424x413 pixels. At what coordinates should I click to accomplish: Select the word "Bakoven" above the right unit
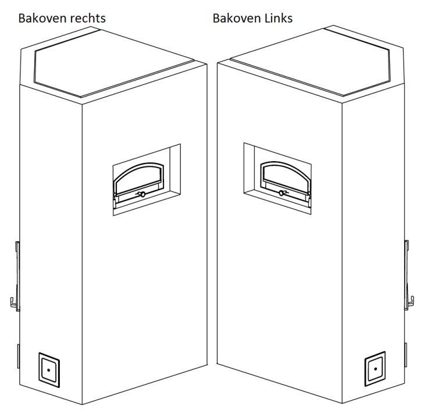tap(234, 18)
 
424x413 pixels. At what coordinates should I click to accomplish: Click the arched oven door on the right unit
tap(284, 177)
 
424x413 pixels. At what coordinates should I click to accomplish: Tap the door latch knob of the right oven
tap(282, 193)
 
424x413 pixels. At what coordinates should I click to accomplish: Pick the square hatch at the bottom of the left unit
tap(49, 369)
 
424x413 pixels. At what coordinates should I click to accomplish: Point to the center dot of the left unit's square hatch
tap(49, 369)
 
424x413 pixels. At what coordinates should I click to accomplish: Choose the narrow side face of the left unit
tap(49, 233)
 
